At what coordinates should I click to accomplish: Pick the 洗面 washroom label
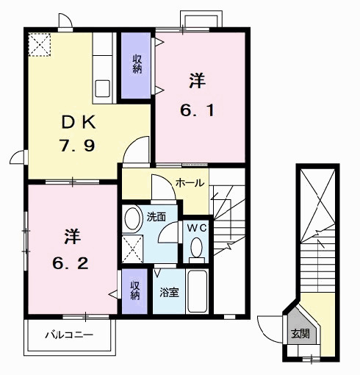[x=156, y=218]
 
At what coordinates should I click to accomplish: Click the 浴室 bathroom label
[x=169, y=293]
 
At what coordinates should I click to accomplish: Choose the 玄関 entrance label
[x=300, y=335]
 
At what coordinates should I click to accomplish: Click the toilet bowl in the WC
[x=196, y=251]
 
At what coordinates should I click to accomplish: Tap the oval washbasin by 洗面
[x=132, y=218]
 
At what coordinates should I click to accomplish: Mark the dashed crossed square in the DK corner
[x=38, y=46]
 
